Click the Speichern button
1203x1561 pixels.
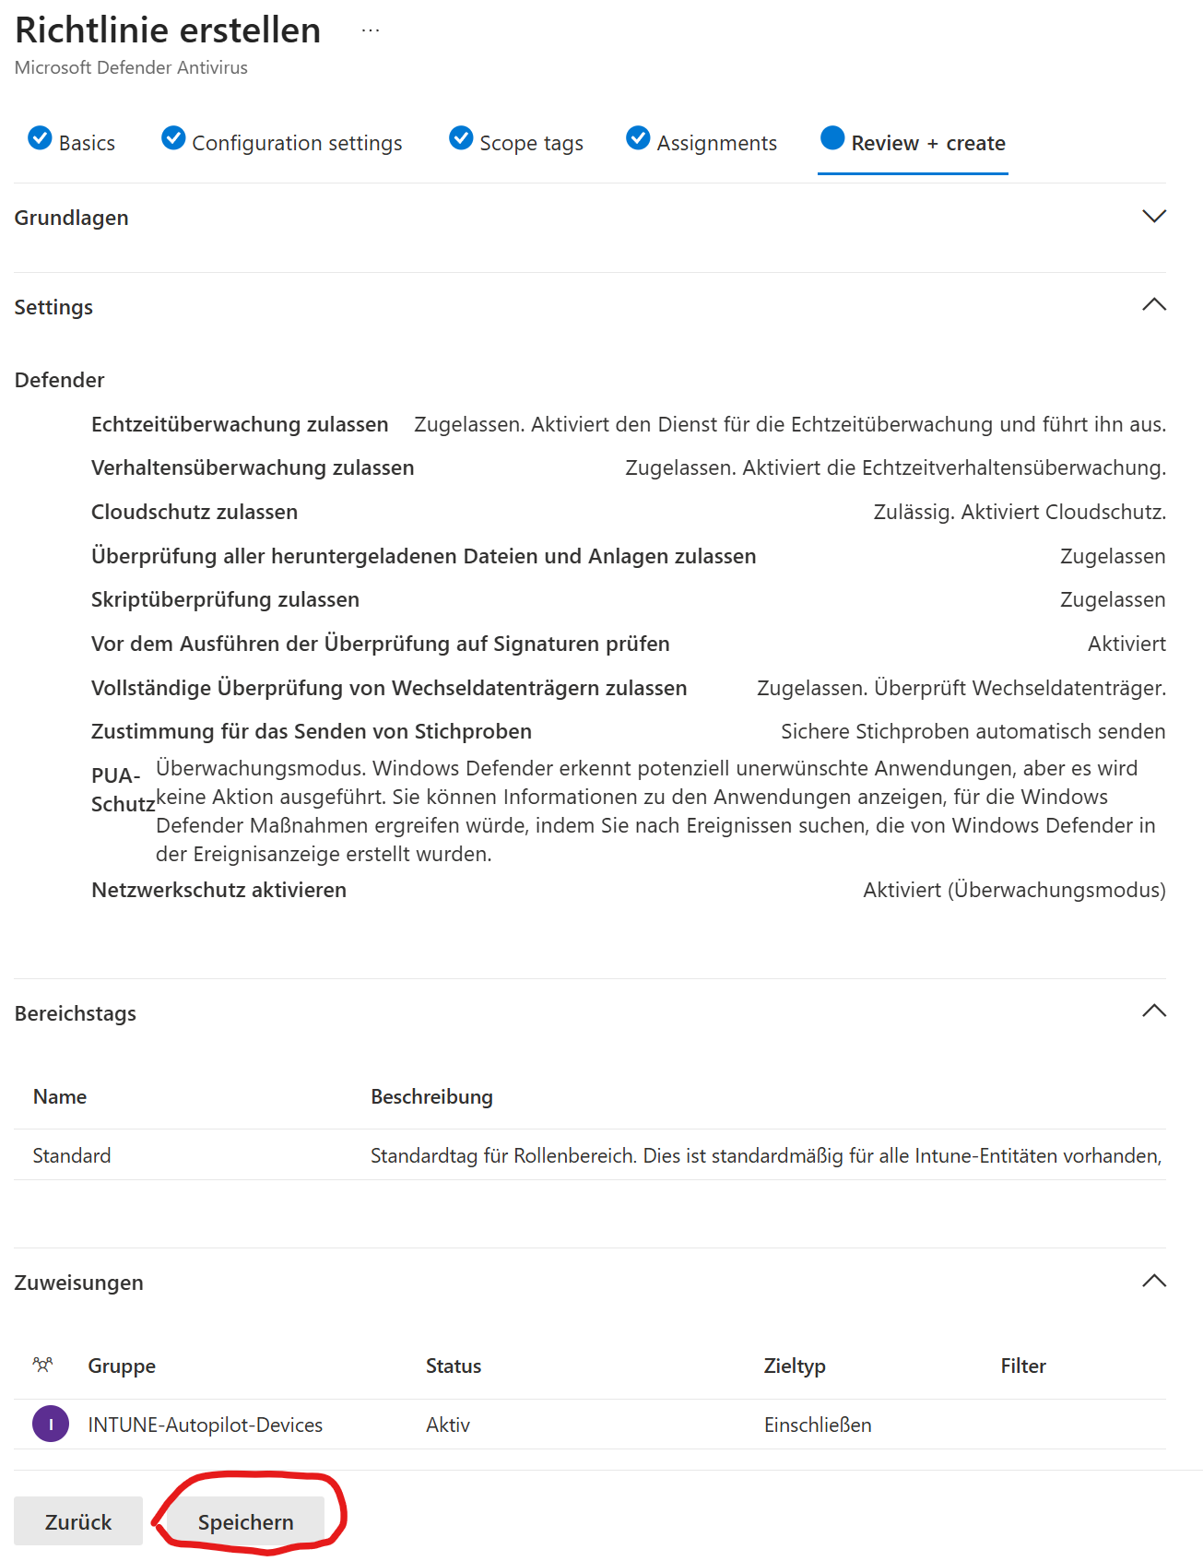coord(245,1521)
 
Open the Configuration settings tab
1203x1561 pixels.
coord(282,142)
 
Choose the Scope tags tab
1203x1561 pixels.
coord(516,142)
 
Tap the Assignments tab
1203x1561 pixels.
coord(702,142)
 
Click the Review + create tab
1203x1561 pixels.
coord(913,142)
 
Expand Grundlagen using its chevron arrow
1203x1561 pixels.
coord(1154,217)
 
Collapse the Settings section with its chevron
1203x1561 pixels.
coord(1154,305)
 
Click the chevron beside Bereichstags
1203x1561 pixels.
coord(1154,1011)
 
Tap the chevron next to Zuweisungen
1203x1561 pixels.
coord(1154,1281)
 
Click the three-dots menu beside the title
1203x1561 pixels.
coord(371,30)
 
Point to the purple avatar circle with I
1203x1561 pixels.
coord(51,1424)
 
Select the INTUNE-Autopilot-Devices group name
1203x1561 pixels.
coord(205,1425)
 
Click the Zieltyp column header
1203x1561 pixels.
coord(795,1366)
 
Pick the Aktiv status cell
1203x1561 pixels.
coord(448,1425)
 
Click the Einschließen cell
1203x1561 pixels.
coord(818,1425)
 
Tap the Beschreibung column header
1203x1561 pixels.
coord(431,1096)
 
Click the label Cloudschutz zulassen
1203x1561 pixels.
coord(195,512)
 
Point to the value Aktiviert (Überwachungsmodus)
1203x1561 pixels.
coord(1014,890)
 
